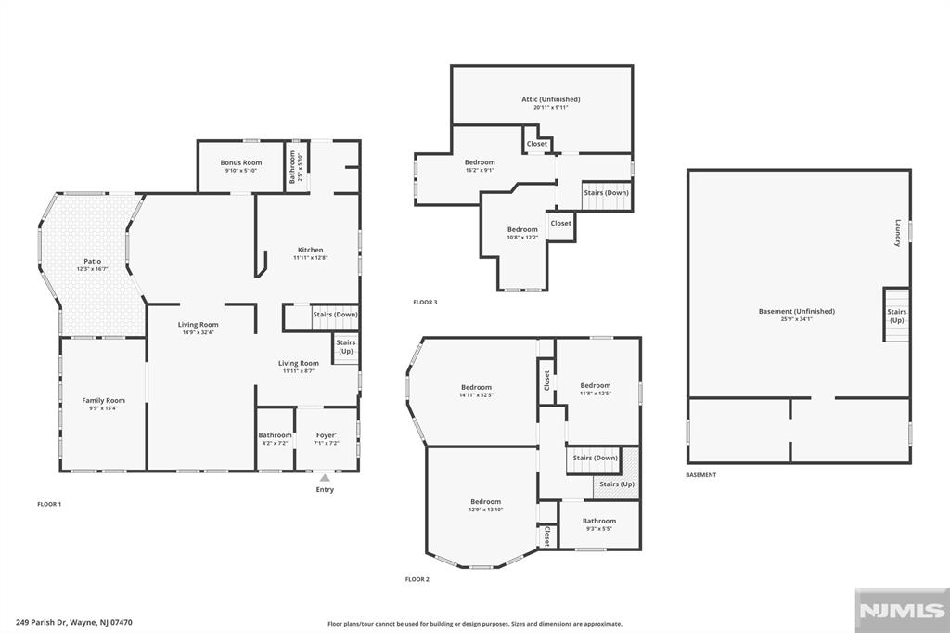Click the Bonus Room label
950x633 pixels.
[240, 163]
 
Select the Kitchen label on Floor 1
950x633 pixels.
[310, 250]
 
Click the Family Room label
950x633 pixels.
[102, 401]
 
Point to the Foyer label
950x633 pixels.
[326, 435]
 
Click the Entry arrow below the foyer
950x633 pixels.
[325, 478]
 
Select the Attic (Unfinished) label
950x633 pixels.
[550, 99]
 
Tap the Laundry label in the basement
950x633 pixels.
[898, 232]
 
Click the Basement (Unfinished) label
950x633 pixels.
[796, 312]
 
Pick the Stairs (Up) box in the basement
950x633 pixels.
[896, 316]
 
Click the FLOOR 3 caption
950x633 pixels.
[425, 303]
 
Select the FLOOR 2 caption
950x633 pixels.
[417, 579]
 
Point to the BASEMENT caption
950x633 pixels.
[700, 475]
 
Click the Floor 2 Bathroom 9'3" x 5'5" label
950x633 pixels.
[598, 522]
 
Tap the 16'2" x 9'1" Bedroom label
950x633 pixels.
[480, 162]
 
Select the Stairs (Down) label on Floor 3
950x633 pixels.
[606, 193]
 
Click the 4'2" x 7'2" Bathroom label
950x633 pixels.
[275, 435]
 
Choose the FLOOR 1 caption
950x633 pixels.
[49, 504]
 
